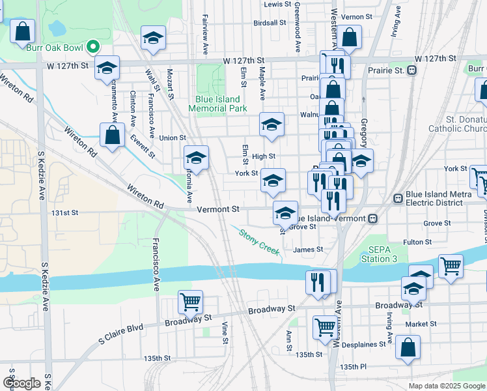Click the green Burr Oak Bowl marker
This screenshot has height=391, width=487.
[x=93, y=46]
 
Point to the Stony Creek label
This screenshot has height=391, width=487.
[x=258, y=241]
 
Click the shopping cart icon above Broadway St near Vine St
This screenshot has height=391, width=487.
[x=190, y=302]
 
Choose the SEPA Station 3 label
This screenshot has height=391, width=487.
[x=379, y=255]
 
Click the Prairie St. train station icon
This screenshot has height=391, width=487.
[x=411, y=70]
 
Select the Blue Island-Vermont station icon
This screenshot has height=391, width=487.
[x=372, y=218]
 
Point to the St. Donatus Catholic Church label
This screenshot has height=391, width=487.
[x=457, y=124]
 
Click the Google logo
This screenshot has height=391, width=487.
[x=21, y=383]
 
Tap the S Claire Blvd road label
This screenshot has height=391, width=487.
[x=120, y=334]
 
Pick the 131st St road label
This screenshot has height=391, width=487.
[x=65, y=212]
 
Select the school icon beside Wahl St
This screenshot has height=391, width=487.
[x=153, y=38]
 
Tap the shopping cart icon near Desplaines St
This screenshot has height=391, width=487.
[x=324, y=328]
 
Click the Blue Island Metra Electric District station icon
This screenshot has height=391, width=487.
[x=398, y=198]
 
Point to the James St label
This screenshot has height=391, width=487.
[x=308, y=250]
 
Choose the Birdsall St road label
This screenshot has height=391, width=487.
[x=270, y=22]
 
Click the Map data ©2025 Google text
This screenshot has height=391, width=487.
[x=447, y=386]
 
